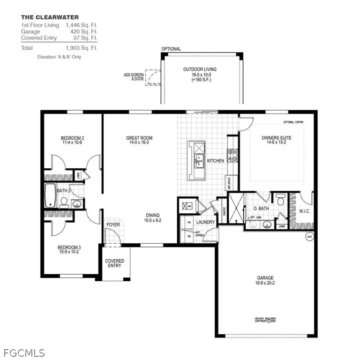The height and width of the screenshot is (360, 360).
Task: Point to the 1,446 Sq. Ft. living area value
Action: [x=81, y=24]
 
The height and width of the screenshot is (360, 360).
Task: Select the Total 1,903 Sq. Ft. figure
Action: [x=81, y=48]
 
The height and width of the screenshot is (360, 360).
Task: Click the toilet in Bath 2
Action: [x=64, y=202]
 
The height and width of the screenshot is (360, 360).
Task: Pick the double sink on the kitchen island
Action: [x=199, y=161]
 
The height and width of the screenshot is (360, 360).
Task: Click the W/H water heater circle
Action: [x=309, y=237]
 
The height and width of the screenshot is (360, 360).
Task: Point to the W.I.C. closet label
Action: [x=305, y=211]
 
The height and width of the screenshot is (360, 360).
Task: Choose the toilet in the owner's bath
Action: [x=280, y=199]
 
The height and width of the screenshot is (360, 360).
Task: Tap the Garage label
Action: [x=265, y=280]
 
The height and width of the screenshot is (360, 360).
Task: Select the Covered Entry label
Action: [x=114, y=263]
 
